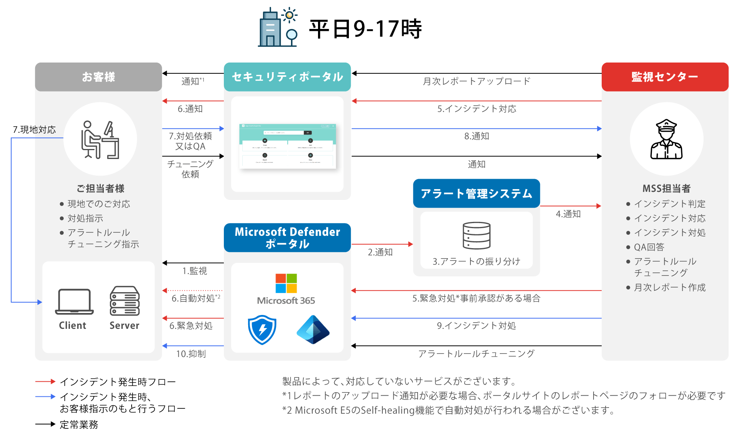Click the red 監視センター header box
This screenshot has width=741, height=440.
pos(665,77)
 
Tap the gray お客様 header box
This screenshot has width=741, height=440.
pos(98,77)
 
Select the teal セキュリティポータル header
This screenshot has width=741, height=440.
pos(287,77)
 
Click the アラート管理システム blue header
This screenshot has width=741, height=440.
pos(476,193)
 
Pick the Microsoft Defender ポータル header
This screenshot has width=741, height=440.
pos(287,237)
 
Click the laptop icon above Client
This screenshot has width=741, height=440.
pos(74,301)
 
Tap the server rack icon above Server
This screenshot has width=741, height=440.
pos(124,301)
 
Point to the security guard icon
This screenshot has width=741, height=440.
pos(667,139)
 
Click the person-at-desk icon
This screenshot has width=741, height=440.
pos(100,139)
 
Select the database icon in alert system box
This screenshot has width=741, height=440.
pos(476,235)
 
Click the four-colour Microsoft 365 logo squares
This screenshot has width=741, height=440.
pos(286,283)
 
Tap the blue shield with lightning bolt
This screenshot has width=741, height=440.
pos(262,330)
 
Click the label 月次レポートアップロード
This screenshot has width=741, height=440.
pos(476,81)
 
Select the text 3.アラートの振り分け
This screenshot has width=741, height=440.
pos(476,261)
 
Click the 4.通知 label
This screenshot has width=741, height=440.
pos(568,214)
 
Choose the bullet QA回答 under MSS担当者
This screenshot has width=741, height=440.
pos(649,247)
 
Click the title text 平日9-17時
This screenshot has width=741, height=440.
pos(365,29)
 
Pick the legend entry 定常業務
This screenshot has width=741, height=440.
pos(79,425)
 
